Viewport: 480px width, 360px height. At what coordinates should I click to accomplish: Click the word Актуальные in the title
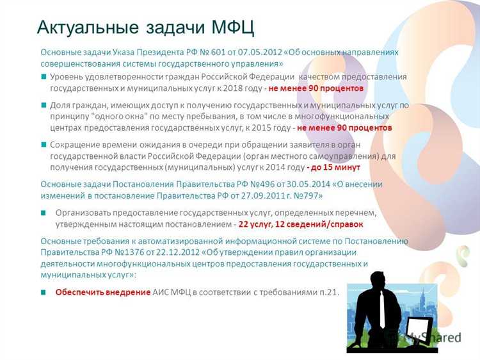coord(86,27)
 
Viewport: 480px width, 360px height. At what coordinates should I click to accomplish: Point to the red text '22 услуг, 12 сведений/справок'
coord(300,224)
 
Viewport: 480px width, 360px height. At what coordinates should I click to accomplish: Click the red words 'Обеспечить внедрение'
coord(102,292)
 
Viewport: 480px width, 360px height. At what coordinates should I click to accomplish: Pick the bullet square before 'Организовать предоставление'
coord(44,213)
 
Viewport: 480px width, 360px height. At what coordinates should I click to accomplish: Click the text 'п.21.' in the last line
coord(326,292)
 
